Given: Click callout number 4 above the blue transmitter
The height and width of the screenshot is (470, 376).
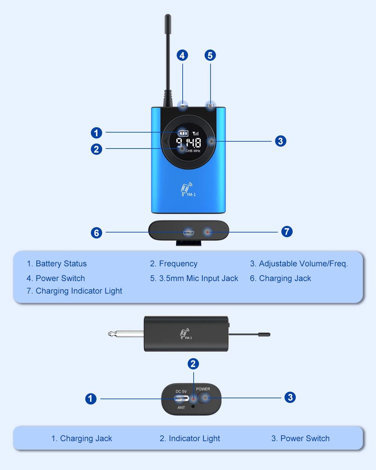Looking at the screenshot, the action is click(182, 55).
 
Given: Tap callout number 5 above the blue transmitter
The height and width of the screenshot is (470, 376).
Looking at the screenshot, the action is click(210, 55).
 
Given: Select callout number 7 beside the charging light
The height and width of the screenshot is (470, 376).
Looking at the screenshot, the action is click(287, 232).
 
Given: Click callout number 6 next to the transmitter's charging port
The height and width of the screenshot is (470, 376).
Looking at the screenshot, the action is click(96, 232).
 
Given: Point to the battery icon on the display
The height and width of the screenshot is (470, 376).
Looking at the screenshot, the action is click(183, 133).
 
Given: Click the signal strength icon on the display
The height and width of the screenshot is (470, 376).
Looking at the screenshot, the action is click(195, 133).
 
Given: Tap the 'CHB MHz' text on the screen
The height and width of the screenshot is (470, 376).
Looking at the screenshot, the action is click(193, 151).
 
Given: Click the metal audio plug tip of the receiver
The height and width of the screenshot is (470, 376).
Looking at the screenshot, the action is click(126, 334).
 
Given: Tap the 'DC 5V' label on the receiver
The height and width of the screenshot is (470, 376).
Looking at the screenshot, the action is click(181, 391).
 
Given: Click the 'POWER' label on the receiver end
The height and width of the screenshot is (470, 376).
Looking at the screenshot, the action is click(203, 389).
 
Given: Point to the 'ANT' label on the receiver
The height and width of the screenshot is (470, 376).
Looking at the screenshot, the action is click(181, 408).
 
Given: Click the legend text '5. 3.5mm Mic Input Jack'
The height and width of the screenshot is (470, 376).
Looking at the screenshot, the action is click(194, 278).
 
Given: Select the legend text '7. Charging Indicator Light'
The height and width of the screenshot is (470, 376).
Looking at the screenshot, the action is click(74, 291).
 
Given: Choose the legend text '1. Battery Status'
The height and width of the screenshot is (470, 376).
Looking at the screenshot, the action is click(57, 264).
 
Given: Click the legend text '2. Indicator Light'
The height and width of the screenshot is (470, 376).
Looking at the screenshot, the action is click(190, 438).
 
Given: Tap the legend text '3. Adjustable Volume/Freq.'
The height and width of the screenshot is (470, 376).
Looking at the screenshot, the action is click(299, 264).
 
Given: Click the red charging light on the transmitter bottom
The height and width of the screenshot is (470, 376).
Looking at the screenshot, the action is click(207, 232).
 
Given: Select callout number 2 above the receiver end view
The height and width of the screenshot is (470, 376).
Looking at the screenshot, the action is click(193, 364).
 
